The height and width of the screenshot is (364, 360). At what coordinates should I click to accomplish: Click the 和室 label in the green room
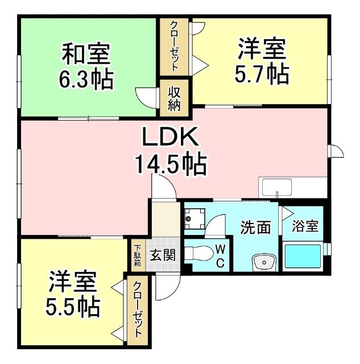point(86,54)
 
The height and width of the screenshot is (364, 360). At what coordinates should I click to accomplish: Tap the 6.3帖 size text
point(86,79)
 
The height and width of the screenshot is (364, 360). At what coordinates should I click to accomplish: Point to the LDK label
point(169,138)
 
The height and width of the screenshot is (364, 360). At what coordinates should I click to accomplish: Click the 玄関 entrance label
point(162,255)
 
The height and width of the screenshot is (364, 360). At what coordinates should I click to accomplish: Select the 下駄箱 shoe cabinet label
point(137,255)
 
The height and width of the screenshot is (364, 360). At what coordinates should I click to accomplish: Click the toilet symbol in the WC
point(198,252)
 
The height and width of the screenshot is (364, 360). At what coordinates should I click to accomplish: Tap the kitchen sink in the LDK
point(276,187)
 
